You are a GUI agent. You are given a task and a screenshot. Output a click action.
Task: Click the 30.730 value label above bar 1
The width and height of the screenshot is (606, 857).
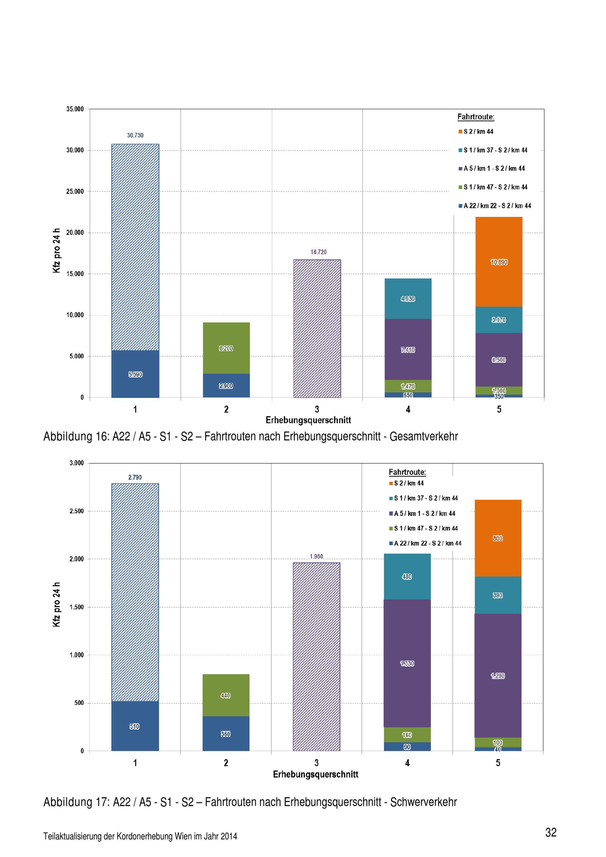coord(135,135)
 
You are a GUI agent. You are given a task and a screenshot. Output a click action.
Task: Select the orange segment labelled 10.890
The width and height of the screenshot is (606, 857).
coord(499,262)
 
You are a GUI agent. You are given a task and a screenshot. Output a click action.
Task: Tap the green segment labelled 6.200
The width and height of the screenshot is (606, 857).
coord(226,348)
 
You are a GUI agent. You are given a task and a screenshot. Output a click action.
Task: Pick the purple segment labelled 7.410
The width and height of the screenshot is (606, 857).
coord(408,350)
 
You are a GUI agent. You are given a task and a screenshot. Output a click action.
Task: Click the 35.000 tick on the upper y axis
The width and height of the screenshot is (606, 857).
coord(75,109)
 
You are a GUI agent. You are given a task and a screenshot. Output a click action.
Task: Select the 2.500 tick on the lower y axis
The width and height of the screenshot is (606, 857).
coord(76,511)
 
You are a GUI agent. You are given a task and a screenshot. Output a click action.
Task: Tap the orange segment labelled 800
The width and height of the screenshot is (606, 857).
coord(498,538)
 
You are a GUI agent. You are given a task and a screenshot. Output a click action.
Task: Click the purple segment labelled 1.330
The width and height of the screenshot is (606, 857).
coord(407,663)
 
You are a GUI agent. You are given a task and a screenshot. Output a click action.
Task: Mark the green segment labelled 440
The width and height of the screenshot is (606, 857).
coord(226,695)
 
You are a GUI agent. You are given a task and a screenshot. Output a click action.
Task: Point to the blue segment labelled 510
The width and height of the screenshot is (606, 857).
coord(135,726)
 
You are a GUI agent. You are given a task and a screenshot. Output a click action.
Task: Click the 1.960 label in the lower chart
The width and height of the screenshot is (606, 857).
coord(316,556)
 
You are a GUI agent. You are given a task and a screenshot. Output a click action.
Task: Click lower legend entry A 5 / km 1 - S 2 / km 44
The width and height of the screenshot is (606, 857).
coord(425,514)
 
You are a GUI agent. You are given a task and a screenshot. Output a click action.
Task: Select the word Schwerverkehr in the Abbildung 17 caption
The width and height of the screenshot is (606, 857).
coord(424,802)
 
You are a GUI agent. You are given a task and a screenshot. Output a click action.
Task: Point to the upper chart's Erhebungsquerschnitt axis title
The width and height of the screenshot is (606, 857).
coord(308,420)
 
